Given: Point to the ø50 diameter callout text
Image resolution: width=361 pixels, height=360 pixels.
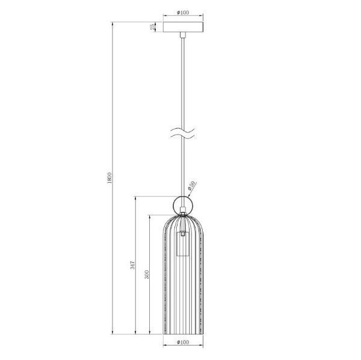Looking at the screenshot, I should click(192, 187).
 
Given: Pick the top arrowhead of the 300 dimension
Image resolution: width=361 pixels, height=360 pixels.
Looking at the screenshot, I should click(150, 215).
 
